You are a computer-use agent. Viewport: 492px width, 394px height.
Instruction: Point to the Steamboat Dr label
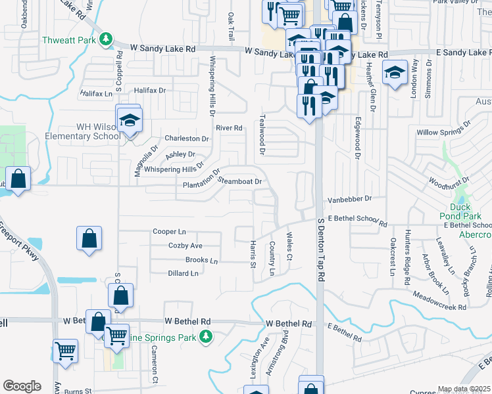coord(240,181)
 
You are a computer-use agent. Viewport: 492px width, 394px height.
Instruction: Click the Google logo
coord(22,386)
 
